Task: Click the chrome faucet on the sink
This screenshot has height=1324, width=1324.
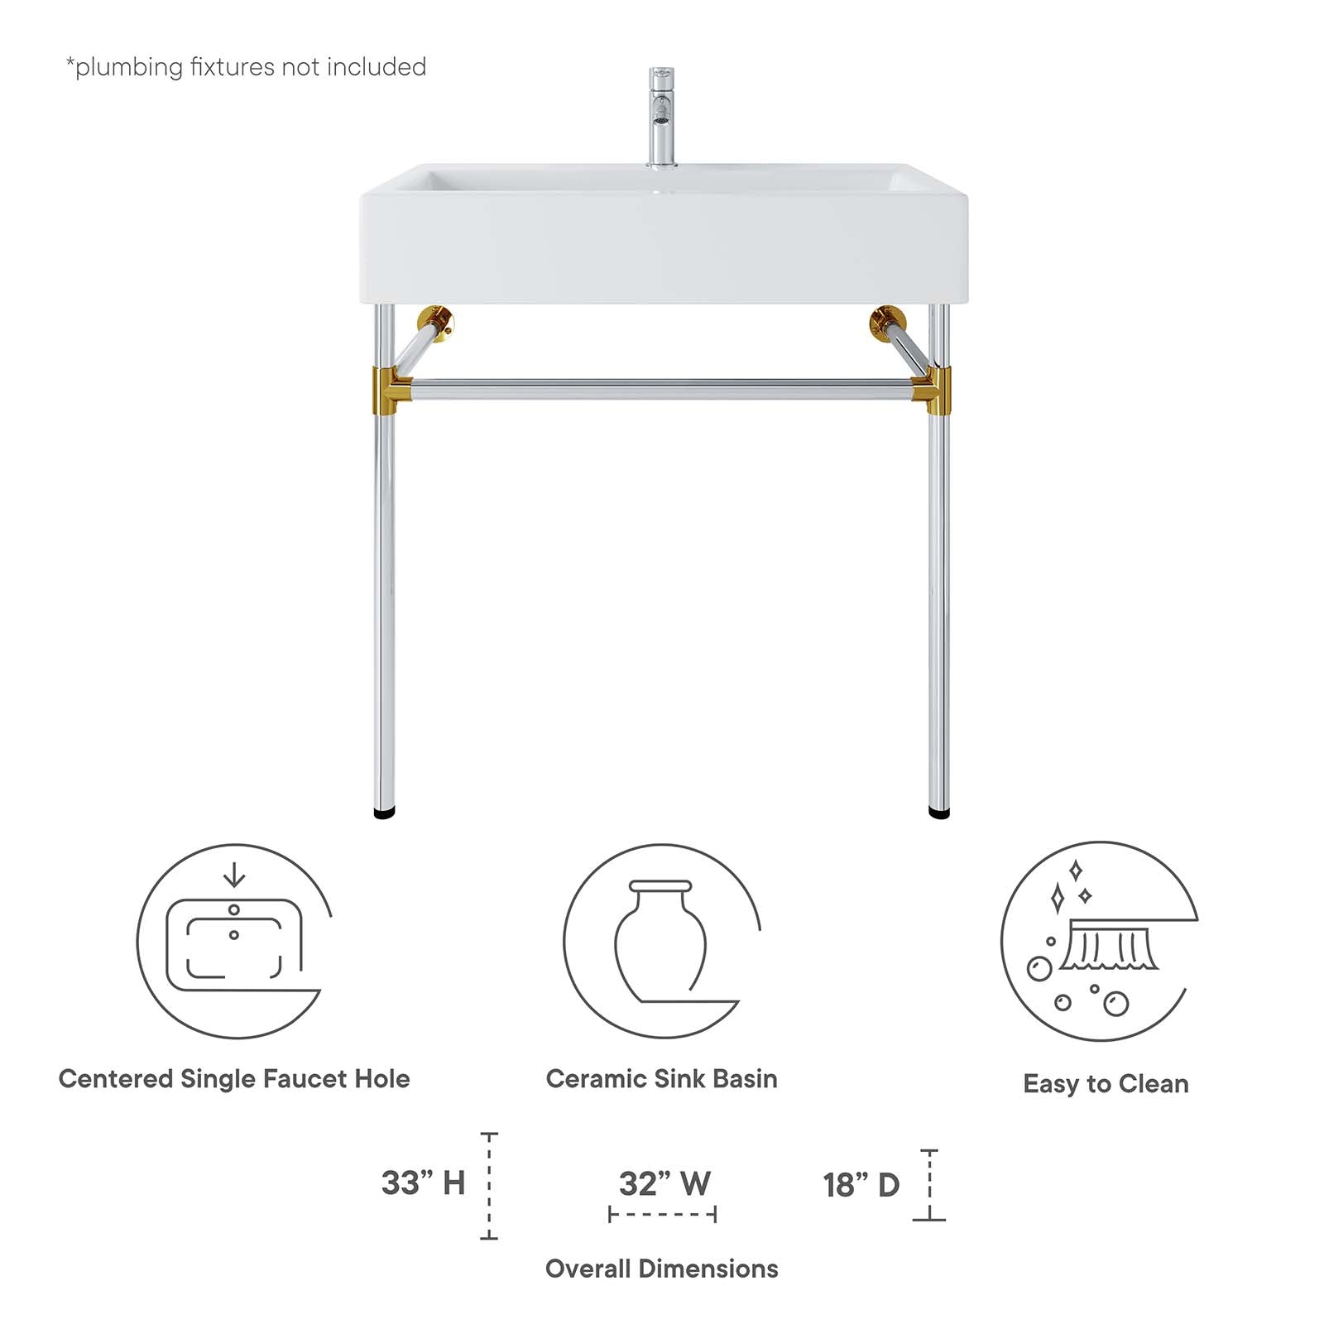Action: click(660, 116)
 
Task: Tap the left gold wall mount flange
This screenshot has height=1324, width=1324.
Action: click(436, 320)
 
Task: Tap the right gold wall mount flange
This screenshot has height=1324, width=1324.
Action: click(886, 321)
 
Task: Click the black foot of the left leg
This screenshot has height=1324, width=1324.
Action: click(385, 813)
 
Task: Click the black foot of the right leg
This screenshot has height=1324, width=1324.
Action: click(939, 813)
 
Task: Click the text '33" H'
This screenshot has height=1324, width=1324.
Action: click(423, 1183)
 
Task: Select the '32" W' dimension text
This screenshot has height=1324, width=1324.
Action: click(664, 1183)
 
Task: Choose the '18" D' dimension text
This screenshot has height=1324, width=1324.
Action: click(861, 1185)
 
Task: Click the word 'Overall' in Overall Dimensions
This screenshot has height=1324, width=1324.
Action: click(588, 1269)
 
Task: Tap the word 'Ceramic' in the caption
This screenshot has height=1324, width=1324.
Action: click(596, 1079)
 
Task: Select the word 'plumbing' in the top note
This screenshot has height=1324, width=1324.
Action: click(129, 67)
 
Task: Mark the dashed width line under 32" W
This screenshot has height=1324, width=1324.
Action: click(662, 1215)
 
